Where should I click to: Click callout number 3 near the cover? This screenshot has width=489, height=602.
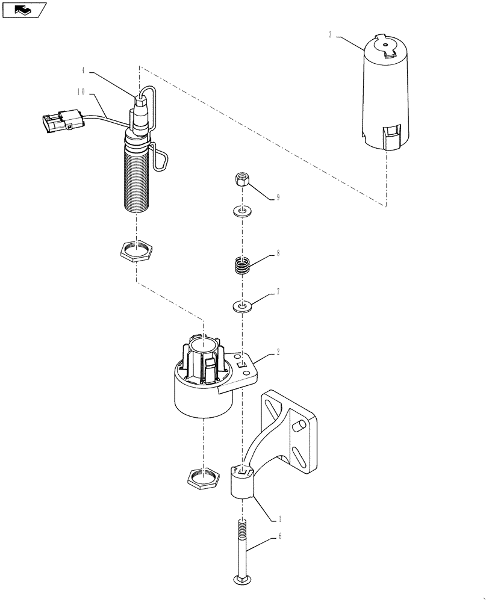(x=330, y=35)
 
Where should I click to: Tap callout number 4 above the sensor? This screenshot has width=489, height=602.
(x=83, y=71)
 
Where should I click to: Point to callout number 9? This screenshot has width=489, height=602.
(x=278, y=197)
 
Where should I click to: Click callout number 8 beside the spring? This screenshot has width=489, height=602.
(x=278, y=254)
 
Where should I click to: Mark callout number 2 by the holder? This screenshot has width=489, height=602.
(x=278, y=353)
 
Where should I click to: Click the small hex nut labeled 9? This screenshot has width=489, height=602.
(x=241, y=179)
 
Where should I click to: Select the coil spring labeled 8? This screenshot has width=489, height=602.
(x=241, y=265)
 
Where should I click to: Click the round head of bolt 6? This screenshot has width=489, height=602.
(x=241, y=580)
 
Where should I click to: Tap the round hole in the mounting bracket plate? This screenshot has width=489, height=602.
(x=297, y=427)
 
